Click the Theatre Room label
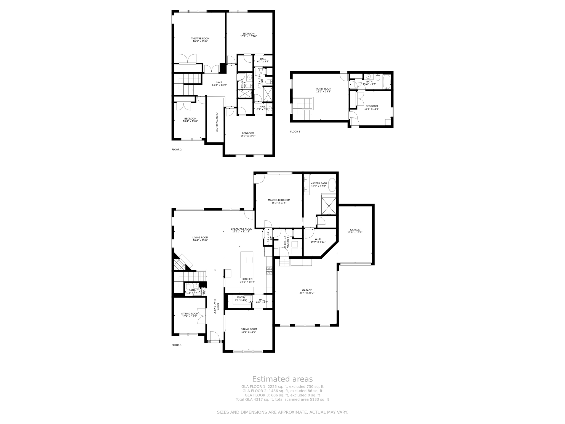tap(200, 39)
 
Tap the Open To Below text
tap(217, 122)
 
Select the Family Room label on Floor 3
tap(324, 89)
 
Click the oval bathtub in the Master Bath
tap(332, 185)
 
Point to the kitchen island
tap(247, 264)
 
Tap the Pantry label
tap(241, 298)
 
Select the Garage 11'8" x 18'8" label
tap(355, 230)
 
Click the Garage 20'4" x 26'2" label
tap(307, 290)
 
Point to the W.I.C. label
tap(318, 239)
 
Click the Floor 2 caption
tap(177, 150)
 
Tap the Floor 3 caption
tap(295, 132)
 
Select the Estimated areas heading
tap(282, 379)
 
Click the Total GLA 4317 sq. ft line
tap(282, 399)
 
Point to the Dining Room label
tap(249, 329)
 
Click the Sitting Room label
tap(190, 314)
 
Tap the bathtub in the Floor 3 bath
tap(387, 82)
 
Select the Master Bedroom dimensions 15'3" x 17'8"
tap(279, 203)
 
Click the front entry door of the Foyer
tap(215, 336)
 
